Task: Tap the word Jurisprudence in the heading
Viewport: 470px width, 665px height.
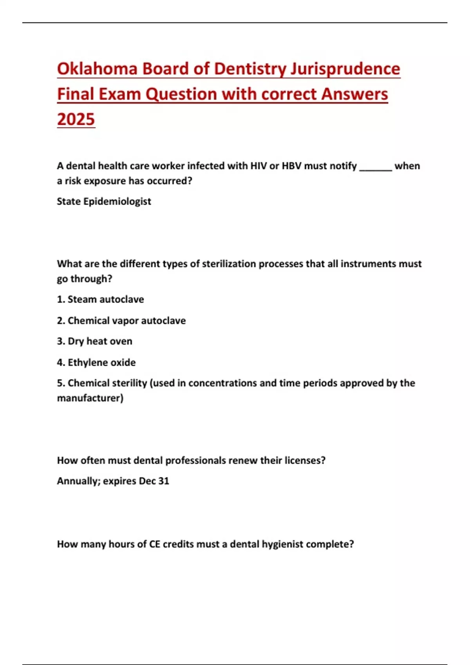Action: tap(345, 69)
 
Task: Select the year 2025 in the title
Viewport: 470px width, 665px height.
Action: tap(76, 119)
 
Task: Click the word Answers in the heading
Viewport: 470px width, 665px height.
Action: tap(354, 94)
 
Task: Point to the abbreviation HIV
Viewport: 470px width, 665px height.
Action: tap(258, 166)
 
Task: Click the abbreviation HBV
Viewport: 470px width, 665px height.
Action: tap(291, 166)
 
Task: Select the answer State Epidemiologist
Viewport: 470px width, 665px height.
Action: tap(104, 201)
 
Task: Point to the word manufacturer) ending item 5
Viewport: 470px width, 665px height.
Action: tap(90, 398)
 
